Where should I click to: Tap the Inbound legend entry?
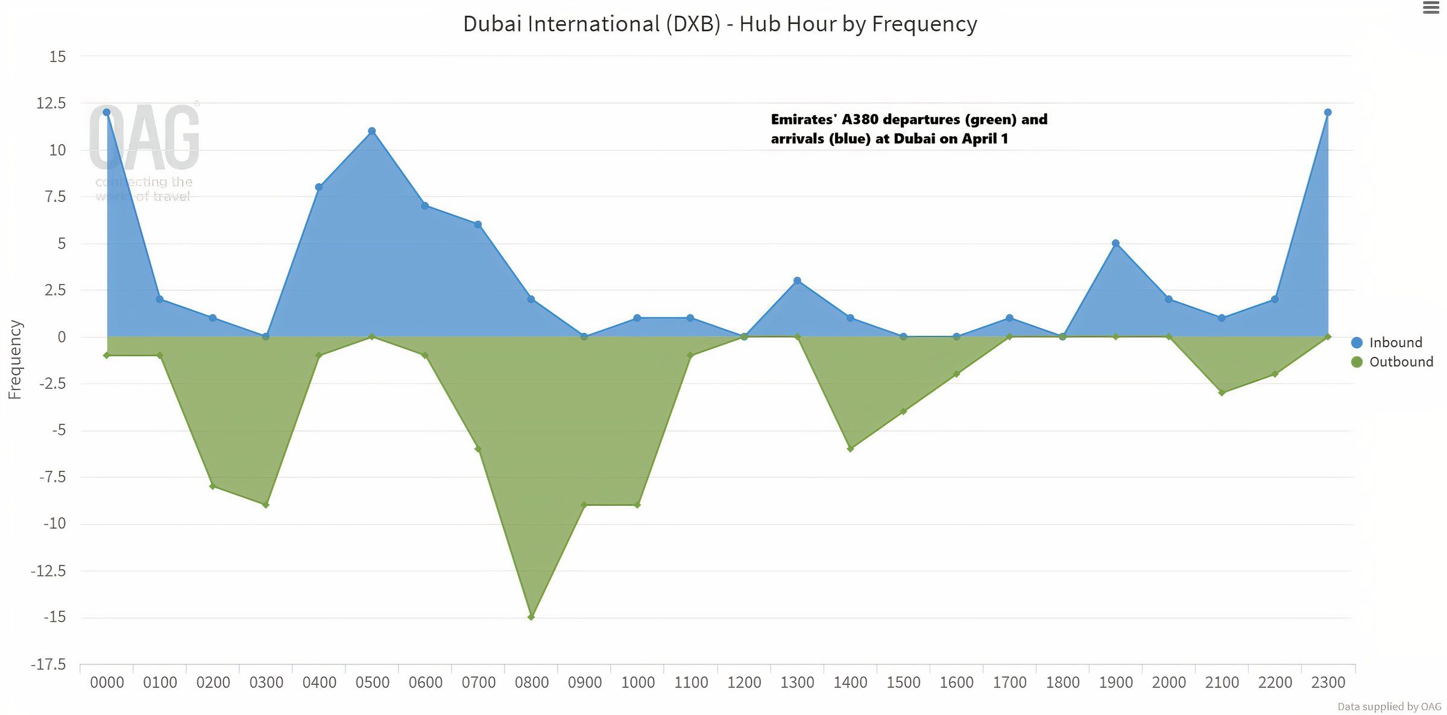(x=1395, y=342)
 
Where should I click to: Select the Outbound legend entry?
(x=1400, y=362)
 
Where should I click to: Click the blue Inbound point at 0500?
(x=372, y=131)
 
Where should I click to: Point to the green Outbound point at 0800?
(x=531, y=617)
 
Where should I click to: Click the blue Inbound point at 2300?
(x=1328, y=113)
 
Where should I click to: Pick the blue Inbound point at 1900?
(x=1115, y=244)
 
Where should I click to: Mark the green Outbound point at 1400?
(x=850, y=449)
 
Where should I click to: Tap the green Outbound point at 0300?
(x=266, y=505)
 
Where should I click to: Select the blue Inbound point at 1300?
(x=797, y=281)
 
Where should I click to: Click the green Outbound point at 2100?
(x=1222, y=393)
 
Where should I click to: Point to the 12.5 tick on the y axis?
(x=52, y=103)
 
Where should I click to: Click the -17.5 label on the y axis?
(x=49, y=664)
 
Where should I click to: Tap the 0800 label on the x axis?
(x=531, y=682)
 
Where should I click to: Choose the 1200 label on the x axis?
(x=744, y=682)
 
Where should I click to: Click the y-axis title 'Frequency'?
(x=15, y=359)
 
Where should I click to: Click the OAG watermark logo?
(x=144, y=139)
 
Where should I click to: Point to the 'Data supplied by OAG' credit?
(x=1389, y=707)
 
